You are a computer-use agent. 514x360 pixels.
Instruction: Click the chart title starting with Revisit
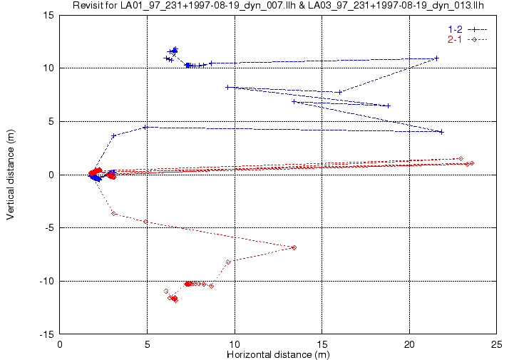pos(278,5)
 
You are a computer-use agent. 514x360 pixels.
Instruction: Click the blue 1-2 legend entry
pos(468,29)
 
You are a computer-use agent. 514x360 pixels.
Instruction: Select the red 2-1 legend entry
pos(468,40)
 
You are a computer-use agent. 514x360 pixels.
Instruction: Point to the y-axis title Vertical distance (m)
pos(11,175)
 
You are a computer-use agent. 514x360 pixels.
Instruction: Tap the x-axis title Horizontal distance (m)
pos(278,354)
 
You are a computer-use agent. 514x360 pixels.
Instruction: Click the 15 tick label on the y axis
pos(49,15)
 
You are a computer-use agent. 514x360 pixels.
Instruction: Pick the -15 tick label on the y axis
pos(47,334)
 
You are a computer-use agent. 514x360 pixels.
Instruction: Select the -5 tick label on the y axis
pos(48,228)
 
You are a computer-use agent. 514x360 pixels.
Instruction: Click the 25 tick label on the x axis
pos(497,344)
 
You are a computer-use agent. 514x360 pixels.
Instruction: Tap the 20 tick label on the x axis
pos(409,344)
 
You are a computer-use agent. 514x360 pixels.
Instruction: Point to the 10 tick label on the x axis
pos(235,344)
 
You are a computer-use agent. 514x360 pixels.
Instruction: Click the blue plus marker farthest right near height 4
pos(441,132)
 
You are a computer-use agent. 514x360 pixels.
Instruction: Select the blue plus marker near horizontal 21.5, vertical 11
pos(436,58)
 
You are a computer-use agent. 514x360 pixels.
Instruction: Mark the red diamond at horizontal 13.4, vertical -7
pos(294,247)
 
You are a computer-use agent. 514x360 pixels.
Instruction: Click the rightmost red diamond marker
pos(472,163)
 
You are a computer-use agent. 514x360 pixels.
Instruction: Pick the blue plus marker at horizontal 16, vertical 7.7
pos(340,93)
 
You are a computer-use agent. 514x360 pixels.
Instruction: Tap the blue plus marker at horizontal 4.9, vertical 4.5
pos(145,127)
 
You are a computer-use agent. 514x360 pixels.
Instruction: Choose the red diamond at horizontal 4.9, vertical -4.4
pos(145,222)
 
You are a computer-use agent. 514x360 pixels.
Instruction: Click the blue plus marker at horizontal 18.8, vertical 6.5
pos(389,106)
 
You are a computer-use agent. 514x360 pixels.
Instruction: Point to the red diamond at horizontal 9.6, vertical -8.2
pos(228,262)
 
